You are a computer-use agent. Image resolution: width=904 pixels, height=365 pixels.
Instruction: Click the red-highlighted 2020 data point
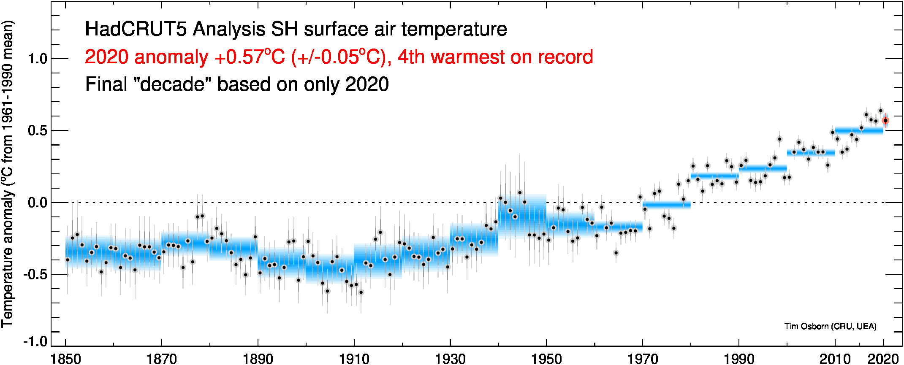point(885,121)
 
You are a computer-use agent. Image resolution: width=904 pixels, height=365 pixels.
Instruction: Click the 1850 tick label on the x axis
point(65,359)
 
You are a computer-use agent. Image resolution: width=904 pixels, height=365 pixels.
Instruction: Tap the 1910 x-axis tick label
point(354,359)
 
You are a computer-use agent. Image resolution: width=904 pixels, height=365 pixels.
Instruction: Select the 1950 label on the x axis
point(546,359)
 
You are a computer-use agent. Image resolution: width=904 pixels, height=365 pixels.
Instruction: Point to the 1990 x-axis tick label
point(739,359)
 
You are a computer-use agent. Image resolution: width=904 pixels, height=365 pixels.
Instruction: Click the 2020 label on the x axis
point(882,359)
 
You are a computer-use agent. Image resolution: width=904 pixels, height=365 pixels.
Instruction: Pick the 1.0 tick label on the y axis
point(38,59)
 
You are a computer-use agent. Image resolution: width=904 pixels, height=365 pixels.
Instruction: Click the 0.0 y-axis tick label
point(38,203)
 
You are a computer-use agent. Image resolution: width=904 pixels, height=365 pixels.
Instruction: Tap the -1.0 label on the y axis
point(35,341)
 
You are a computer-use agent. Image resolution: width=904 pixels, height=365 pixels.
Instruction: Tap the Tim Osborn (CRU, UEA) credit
point(830,326)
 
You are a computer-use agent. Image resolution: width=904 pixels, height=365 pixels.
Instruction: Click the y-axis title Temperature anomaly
point(8,257)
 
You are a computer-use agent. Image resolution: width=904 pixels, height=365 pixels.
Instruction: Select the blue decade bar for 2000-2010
point(811,153)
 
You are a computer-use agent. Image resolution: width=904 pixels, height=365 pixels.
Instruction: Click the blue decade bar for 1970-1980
point(666,205)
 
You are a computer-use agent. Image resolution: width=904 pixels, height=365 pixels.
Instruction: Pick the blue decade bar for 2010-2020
point(859,130)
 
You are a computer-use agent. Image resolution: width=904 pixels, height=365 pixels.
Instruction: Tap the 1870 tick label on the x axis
point(161,359)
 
